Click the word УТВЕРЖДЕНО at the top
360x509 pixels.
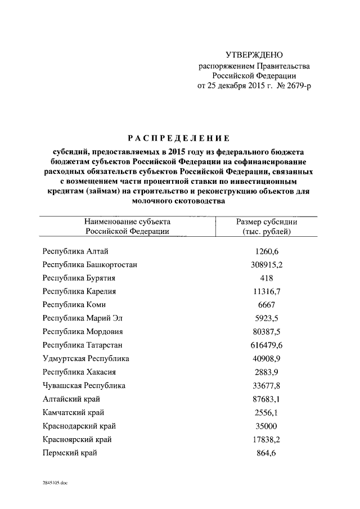(x=254, y=55)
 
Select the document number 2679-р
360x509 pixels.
(x=295, y=85)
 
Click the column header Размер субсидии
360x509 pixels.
(x=267, y=222)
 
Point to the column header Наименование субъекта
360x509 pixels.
(x=128, y=222)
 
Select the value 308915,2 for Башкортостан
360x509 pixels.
(x=267, y=264)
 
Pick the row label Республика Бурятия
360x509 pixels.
(x=79, y=277)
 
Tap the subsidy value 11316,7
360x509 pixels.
(x=267, y=291)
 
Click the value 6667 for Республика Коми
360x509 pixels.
(x=267, y=304)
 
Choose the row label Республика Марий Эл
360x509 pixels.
(x=82, y=318)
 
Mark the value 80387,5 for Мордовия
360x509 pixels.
(x=267, y=331)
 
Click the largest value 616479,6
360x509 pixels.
(x=267, y=345)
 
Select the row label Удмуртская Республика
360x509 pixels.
(x=86, y=358)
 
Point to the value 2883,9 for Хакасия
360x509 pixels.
(x=267, y=372)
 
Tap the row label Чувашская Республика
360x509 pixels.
(x=84, y=385)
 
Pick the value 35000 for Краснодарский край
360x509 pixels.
(x=267, y=426)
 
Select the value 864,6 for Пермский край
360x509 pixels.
(x=267, y=453)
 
